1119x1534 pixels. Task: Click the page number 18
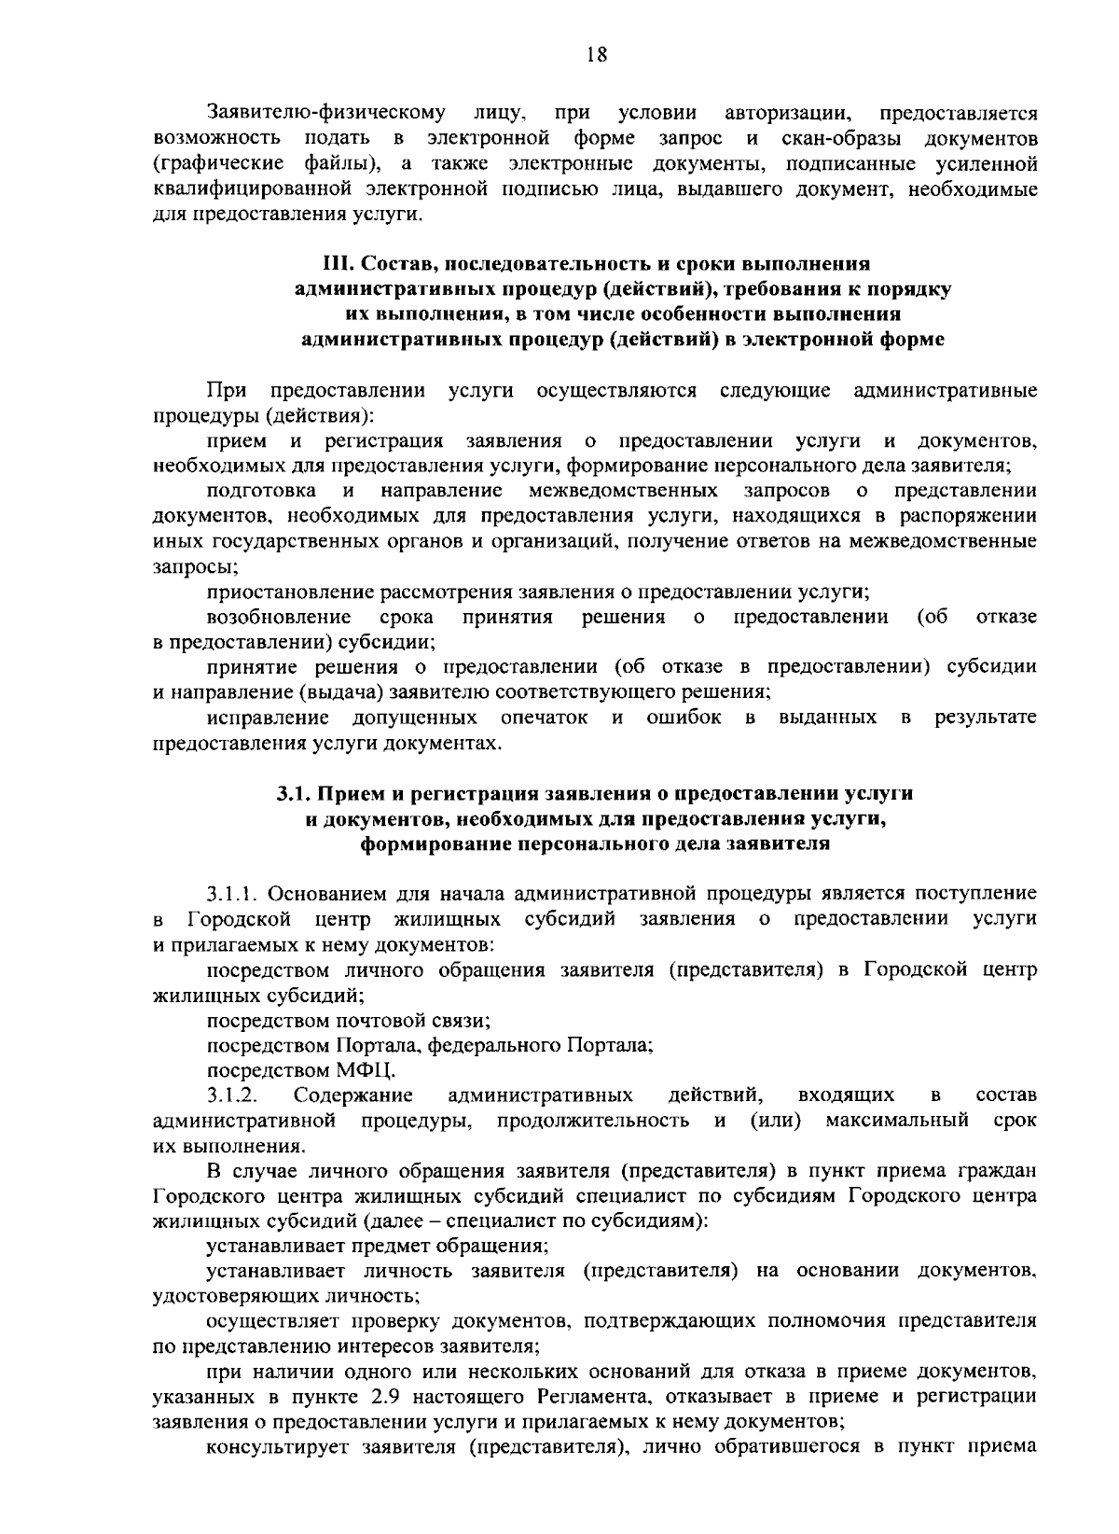coord(597,56)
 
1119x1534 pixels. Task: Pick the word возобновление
coord(278,618)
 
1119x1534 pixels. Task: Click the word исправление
coord(268,718)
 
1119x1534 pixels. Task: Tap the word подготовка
coord(260,491)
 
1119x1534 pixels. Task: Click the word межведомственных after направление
coord(623,491)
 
